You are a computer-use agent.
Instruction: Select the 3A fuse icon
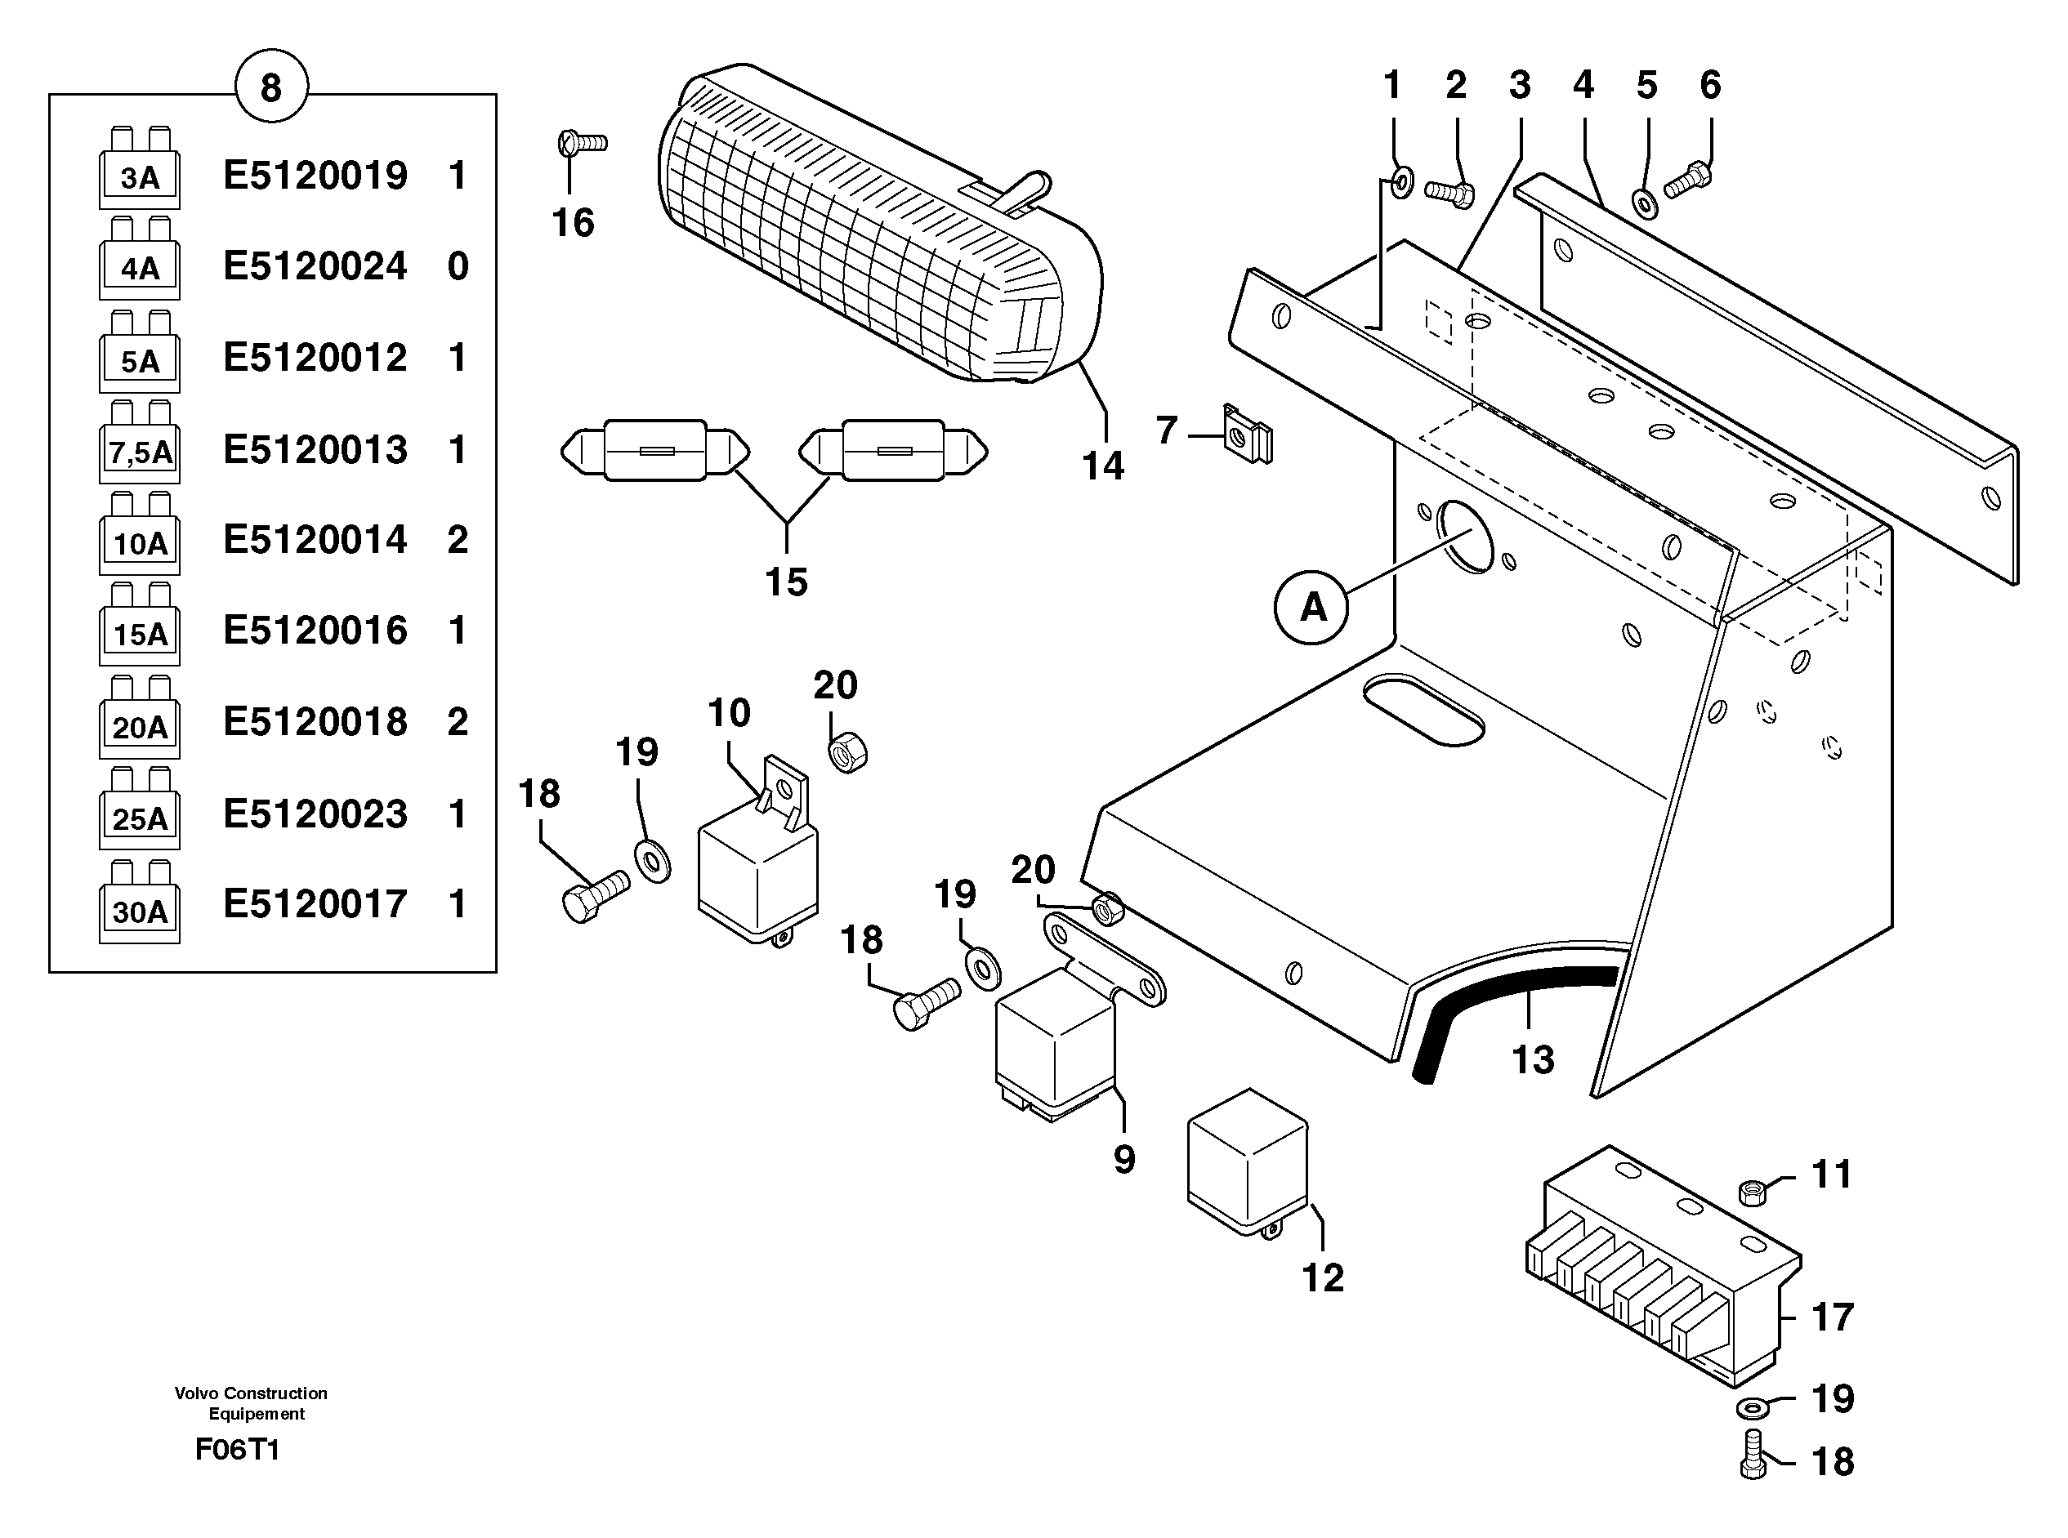[x=140, y=171]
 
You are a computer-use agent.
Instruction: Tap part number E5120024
[x=315, y=266]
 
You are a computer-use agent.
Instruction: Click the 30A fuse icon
[x=140, y=904]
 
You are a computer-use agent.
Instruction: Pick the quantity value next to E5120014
[x=458, y=540]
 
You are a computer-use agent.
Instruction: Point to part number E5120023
[x=315, y=814]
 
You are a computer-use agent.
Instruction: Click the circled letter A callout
[x=1312, y=607]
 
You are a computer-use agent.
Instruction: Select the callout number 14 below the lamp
[x=1102, y=466]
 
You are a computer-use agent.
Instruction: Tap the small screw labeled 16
[x=581, y=144]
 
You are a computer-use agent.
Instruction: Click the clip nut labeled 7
[x=1248, y=435]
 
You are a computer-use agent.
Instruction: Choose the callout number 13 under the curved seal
[x=1533, y=1059]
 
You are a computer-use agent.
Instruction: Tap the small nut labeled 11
[x=1752, y=1191]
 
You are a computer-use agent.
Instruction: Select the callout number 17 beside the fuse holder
[x=1832, y=1317]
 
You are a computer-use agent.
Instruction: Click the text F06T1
[x=238, y=1450]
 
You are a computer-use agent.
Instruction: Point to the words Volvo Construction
[x=251, y=1393]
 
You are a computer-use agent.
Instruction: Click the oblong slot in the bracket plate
[x=1423, y=711]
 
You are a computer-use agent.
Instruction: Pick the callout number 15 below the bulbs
[x=786, y=583]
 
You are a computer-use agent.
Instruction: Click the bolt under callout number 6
[x=1687, y=181]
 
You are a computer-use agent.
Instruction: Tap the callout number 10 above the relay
[x=728, y=714]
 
